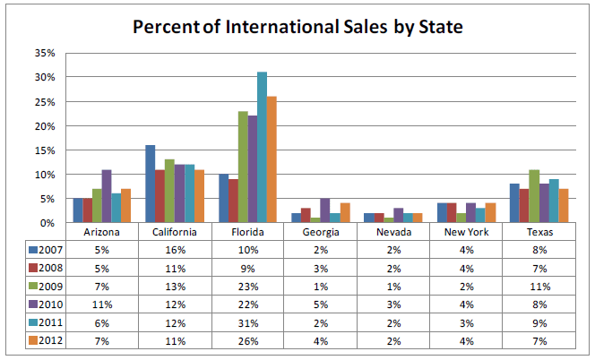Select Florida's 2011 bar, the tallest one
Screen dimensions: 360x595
point(263,147)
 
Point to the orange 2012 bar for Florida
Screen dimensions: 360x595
point(272,159)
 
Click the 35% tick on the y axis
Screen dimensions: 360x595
point(43,53)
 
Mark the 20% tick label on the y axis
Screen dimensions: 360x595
point(43,125)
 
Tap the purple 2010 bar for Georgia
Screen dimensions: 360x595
point(324,210)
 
